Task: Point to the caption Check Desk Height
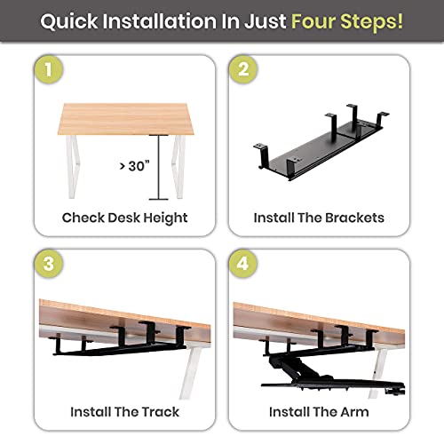click(x=124, y=218)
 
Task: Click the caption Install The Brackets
click(x=319, y=218)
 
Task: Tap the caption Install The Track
click(x=124, y=411)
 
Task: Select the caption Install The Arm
click(x=319, y=411)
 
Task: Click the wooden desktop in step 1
click(x=124, y=117)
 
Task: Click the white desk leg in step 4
click(x=383, y=369)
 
